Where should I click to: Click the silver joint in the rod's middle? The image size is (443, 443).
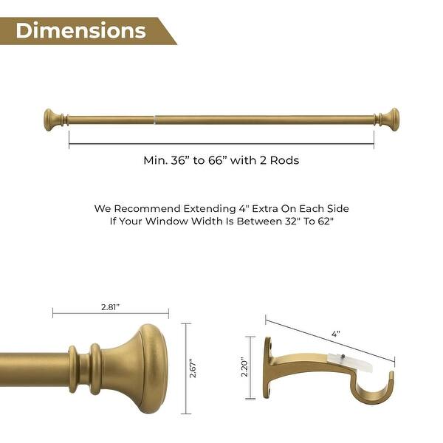154,119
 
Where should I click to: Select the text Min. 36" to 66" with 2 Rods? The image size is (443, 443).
221,159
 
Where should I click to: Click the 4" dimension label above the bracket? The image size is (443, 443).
336,334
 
